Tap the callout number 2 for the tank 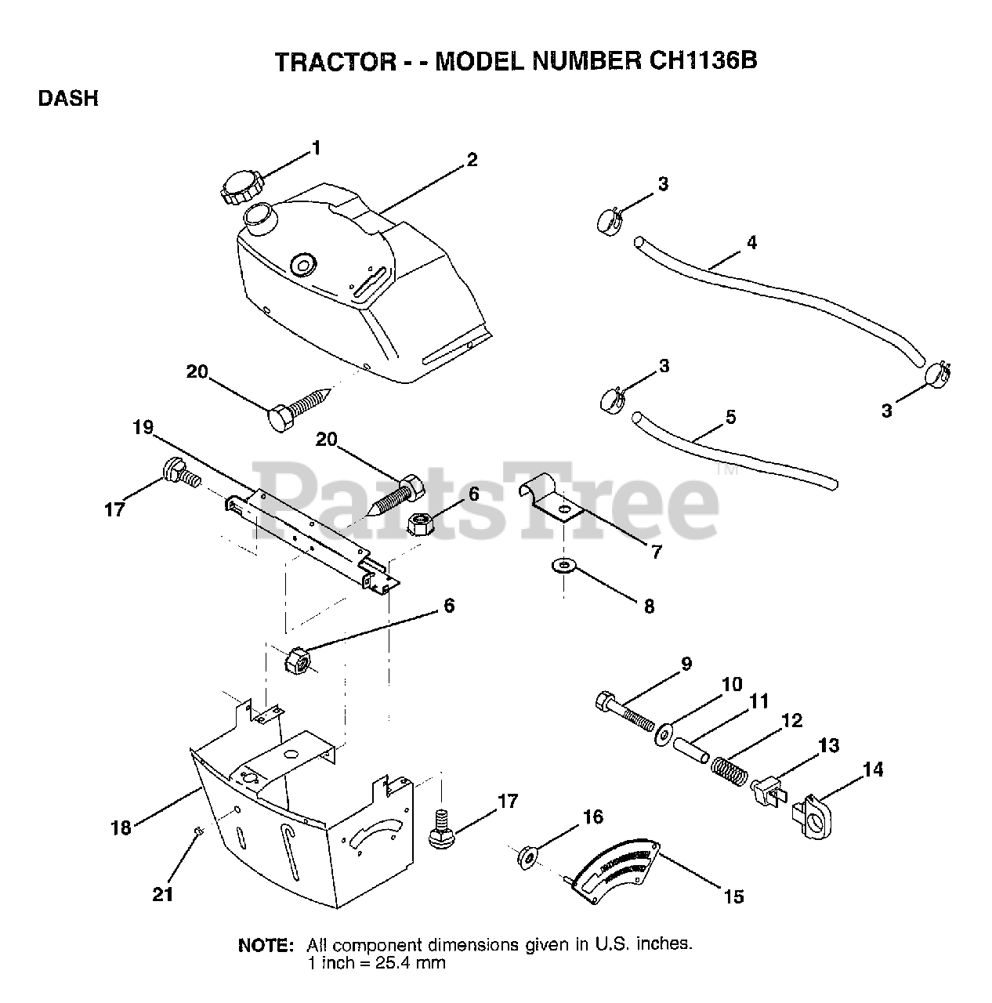472,160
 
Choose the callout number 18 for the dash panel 121,827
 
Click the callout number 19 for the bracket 143,429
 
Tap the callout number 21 163,893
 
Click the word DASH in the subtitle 68,100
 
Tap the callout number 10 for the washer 731,684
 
